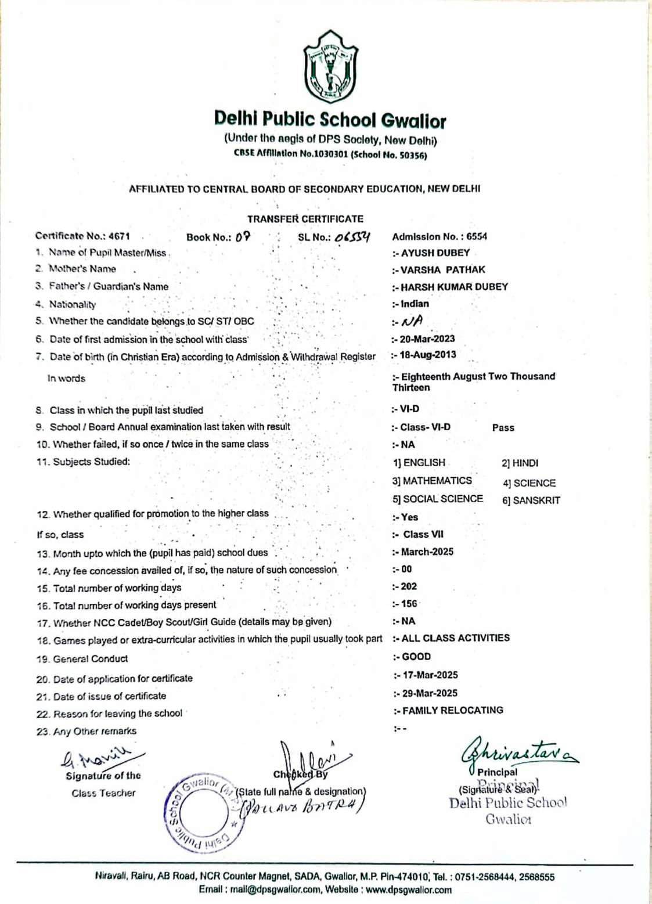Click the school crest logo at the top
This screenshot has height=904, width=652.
coord(330,66)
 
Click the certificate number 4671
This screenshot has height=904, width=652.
coord(119,236)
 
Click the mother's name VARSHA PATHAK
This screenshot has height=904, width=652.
coord(442,270)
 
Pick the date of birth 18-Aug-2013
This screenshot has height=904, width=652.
coord(428,355)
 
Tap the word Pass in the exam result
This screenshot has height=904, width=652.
coord(503,428)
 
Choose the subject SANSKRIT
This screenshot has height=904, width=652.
coord(536,500)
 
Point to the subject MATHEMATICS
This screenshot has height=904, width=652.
coord(437,481)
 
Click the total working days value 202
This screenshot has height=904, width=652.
coord(409,586)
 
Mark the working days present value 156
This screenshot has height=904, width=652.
coord(409,604)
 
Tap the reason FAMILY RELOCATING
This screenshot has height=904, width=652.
coord(452,710)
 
